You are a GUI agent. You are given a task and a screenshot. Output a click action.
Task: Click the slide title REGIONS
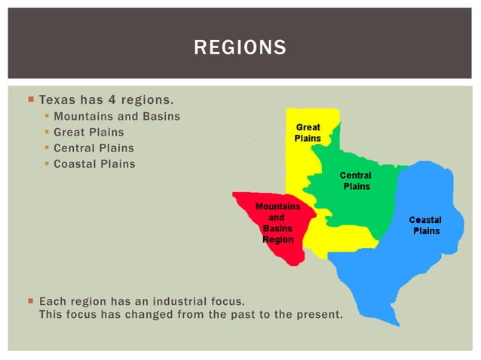coord(240,48)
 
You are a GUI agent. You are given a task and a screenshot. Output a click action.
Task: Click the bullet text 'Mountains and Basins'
coord(117,116)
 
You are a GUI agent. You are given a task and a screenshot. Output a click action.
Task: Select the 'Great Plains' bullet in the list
coord(89,132)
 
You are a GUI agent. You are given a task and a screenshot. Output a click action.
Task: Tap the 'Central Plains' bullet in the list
coord(93,148)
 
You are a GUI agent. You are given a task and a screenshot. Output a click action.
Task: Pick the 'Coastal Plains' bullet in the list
coord(94,163)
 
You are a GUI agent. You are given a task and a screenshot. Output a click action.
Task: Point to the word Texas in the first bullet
coord(56,99)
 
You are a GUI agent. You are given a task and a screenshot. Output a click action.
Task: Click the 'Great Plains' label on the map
coord(308,133)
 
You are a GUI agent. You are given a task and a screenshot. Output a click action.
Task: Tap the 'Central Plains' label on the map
coord(355,181)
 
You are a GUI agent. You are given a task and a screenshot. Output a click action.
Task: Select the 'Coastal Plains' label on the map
coord(425,225)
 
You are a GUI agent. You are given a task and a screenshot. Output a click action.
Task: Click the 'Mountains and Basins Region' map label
coord(277,223)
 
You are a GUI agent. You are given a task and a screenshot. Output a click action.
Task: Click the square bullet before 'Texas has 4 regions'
coord(30,99)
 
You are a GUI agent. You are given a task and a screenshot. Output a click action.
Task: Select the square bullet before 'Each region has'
coord(30,301)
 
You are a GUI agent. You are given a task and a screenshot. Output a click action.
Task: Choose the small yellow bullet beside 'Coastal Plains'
coord(47,164)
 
